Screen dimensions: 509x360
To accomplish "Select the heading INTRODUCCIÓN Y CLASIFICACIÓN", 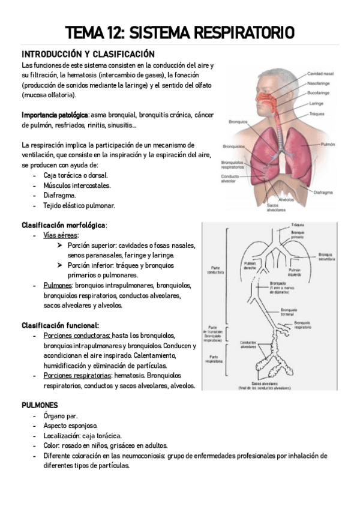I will [x=88, y=54].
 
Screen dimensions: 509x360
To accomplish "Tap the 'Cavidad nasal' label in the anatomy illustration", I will [x=320, y=74].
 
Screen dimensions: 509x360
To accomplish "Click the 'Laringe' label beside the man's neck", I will [x=317, y=103].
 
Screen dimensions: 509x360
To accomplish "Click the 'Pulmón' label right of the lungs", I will [x=327, y=145].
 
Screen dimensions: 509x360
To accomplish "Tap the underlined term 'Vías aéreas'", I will [x=61, y=235].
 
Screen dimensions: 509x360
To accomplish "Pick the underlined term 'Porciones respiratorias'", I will [x=76, y=375].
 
